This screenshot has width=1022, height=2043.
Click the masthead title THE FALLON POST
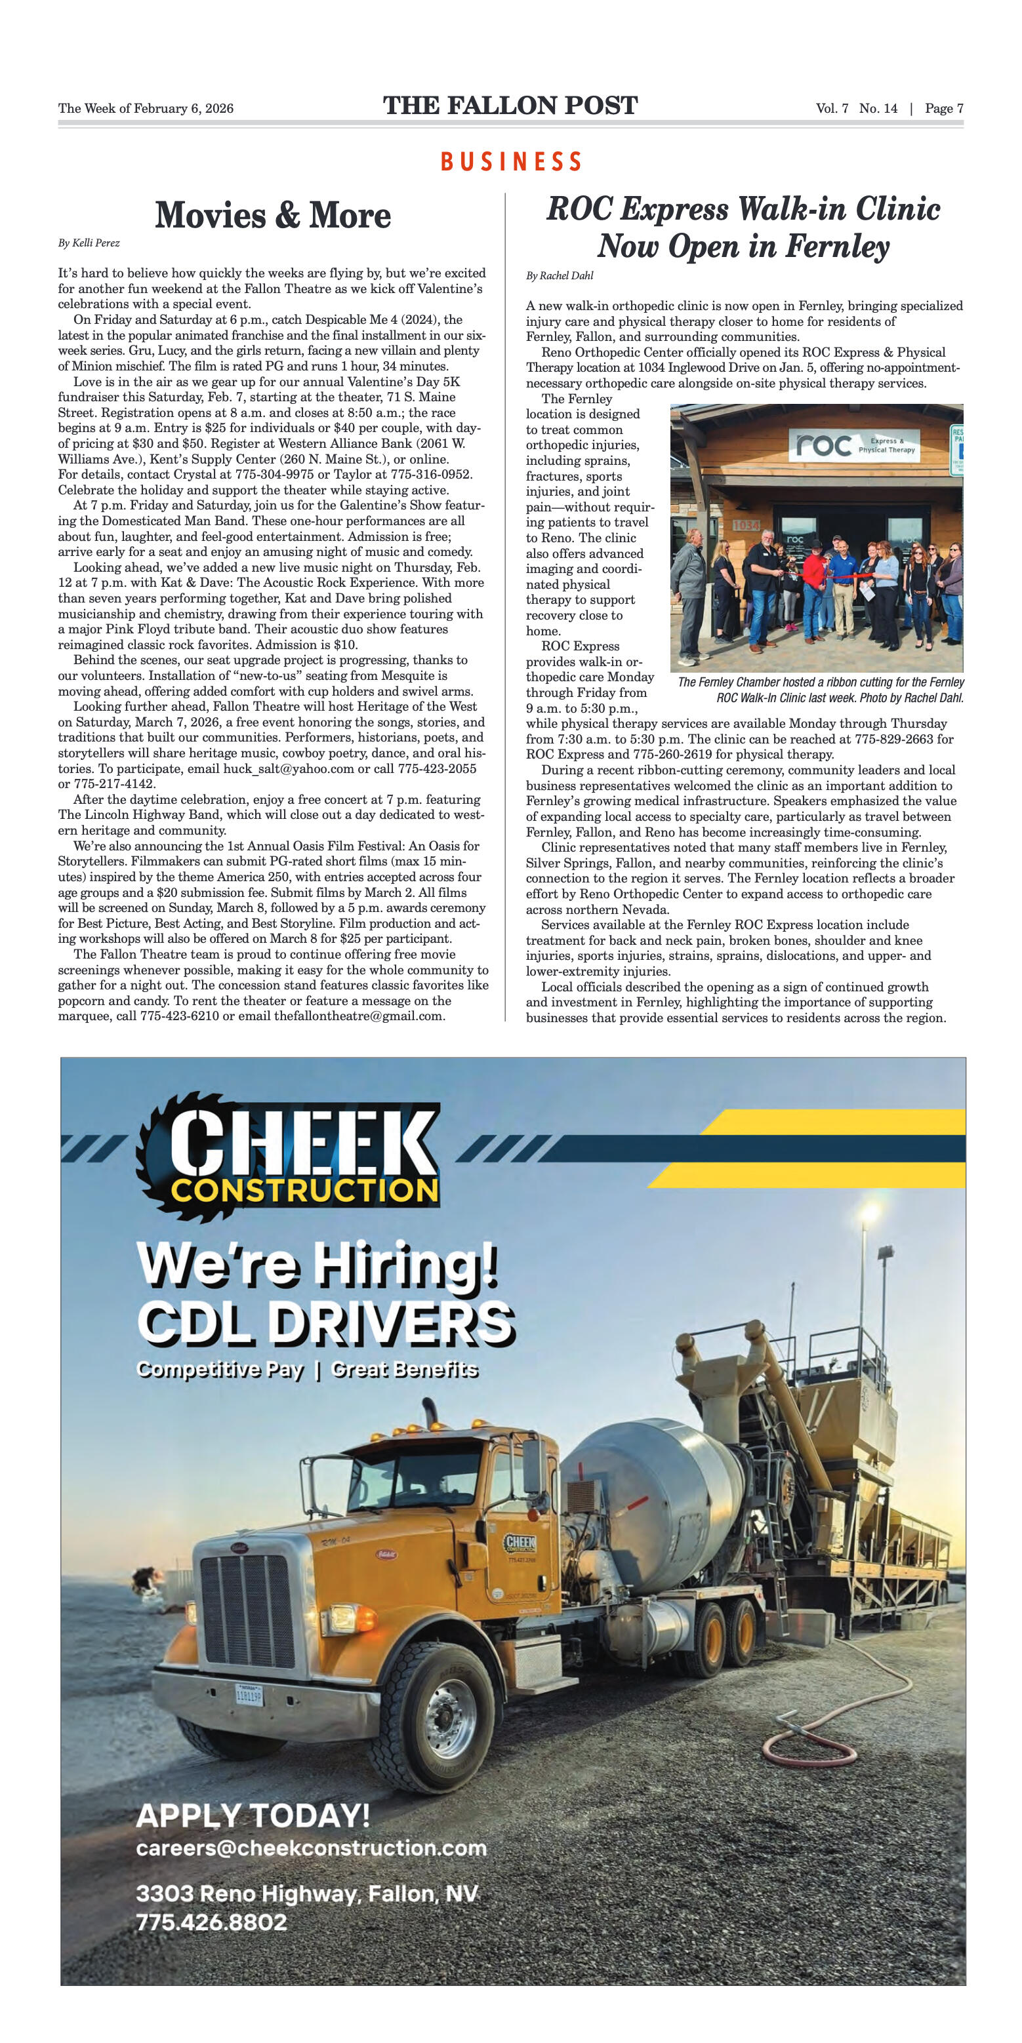510,106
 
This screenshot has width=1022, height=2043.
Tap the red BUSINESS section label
511,163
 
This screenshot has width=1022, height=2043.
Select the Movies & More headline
272,215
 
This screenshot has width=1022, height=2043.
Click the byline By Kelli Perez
89,243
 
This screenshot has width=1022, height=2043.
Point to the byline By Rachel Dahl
560,275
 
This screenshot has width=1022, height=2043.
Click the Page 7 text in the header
943,109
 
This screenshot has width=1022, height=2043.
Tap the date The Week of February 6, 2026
146,109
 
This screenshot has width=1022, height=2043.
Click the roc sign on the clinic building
824,445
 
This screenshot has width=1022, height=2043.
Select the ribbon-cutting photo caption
821,690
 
